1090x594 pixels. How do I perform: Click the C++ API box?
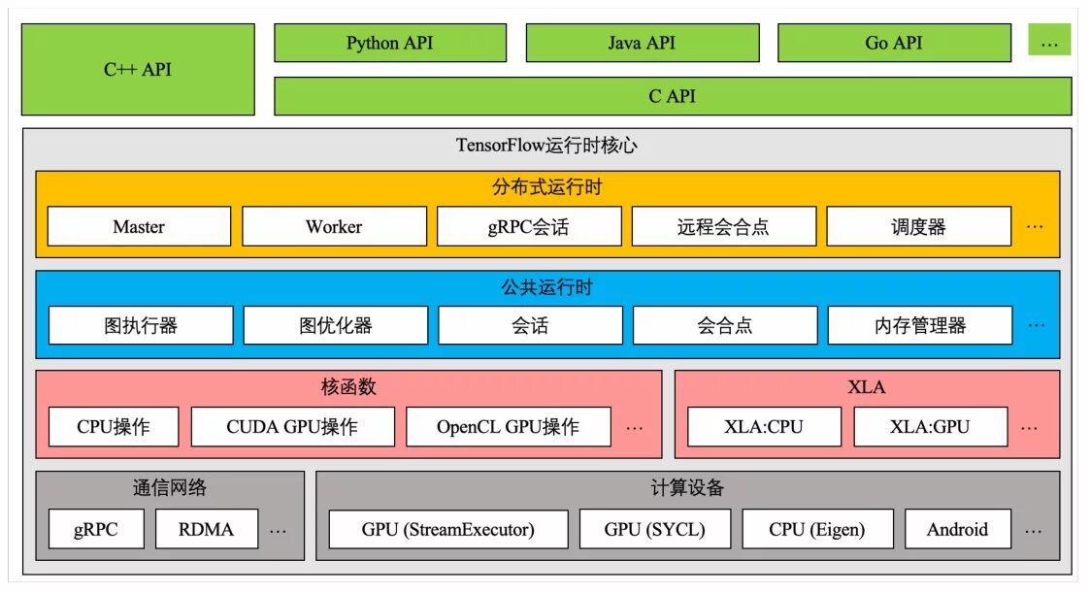138,70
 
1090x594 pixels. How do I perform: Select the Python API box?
390,44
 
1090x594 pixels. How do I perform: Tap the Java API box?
642,44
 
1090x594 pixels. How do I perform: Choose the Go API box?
894,44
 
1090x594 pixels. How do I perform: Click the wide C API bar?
673,97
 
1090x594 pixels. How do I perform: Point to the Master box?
139,227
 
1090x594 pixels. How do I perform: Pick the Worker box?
334,227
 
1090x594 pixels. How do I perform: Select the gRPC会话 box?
529,227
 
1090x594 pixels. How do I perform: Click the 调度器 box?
918,227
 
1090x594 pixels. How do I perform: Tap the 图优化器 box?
335,326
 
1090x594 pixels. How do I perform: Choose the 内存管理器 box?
919,326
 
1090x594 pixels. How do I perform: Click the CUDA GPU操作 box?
292,427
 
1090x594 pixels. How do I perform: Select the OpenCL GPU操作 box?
508,427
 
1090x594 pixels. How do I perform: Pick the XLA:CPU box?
764,427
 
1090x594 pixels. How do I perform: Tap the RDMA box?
206,530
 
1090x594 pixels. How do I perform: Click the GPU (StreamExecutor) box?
448,530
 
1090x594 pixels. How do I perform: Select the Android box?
957,530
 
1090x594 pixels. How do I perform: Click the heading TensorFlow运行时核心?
546,147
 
